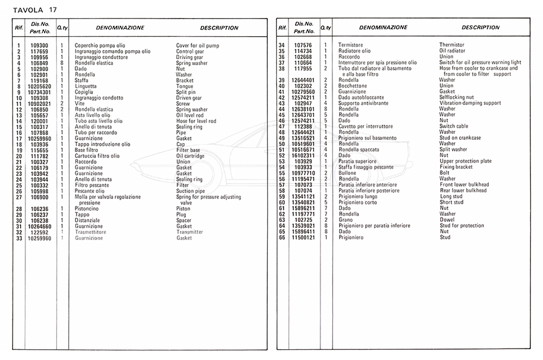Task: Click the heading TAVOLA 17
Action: click(34, 10)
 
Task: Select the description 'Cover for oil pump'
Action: click(197, 45)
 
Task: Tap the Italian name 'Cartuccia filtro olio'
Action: click(97, 156)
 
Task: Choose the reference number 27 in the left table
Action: click(19, 197)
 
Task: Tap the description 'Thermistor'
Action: click(451, 45)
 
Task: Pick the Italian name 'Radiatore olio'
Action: click(354, 51)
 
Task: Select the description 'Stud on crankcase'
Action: click(460, 138)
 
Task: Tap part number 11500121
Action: click(303, 238)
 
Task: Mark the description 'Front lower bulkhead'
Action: click(463, 185)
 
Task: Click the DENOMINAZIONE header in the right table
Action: click(383, 28)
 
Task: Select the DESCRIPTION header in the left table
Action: click(219, 28)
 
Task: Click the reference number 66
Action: click(282, 238)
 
